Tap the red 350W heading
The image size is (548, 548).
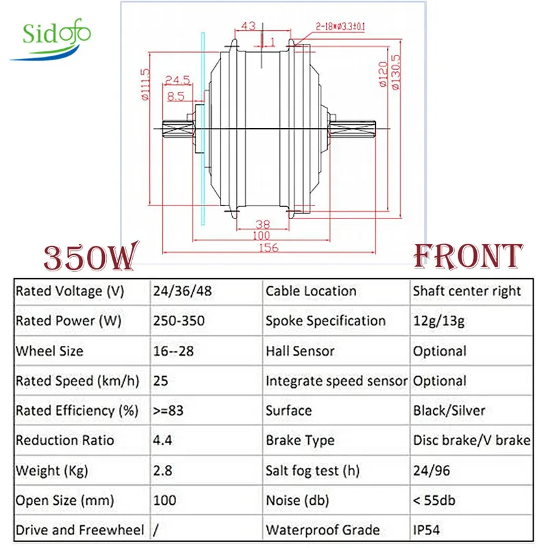point(93,258)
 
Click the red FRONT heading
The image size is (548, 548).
point(469,256)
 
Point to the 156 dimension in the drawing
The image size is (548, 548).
point(269,248)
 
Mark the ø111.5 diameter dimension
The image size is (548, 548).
point(145,86)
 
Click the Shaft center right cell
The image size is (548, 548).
point(466,291)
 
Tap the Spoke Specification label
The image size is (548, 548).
point(325,321)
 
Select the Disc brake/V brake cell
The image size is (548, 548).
point(471,440)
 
